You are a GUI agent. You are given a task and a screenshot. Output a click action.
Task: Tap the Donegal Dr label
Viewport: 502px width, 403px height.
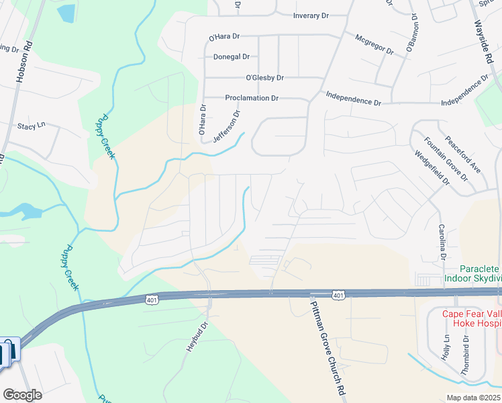232,57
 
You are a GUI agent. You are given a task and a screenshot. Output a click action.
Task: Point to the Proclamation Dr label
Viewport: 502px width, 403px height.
252,98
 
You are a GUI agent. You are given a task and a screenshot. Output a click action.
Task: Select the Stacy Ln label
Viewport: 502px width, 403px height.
30,126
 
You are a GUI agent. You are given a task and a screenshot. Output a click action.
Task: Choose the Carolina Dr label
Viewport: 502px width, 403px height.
442,242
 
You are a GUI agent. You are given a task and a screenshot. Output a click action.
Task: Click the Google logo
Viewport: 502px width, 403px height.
22,395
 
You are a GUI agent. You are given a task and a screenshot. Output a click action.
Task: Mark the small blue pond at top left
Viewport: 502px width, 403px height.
66,13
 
